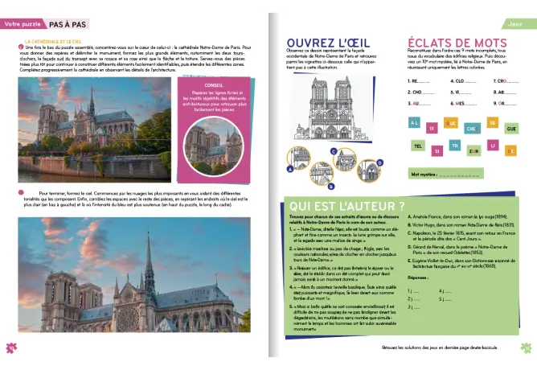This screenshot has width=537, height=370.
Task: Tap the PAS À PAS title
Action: (x=68, y=24)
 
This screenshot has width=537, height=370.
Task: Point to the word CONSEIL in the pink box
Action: (x=215, y=85)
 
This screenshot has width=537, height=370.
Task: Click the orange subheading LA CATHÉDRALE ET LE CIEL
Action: (x=53, y=40)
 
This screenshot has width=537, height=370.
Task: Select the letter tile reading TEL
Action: (x=417, y=146)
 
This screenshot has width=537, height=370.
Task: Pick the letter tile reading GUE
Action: (x=510, y=128)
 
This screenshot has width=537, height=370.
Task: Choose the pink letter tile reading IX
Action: (x=432, y=127)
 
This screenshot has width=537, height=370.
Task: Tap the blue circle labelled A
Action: (x=289, y=169)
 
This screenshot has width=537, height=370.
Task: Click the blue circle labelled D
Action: (x=380, y=161)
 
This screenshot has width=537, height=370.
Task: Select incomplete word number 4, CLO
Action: (x=465, y=81)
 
